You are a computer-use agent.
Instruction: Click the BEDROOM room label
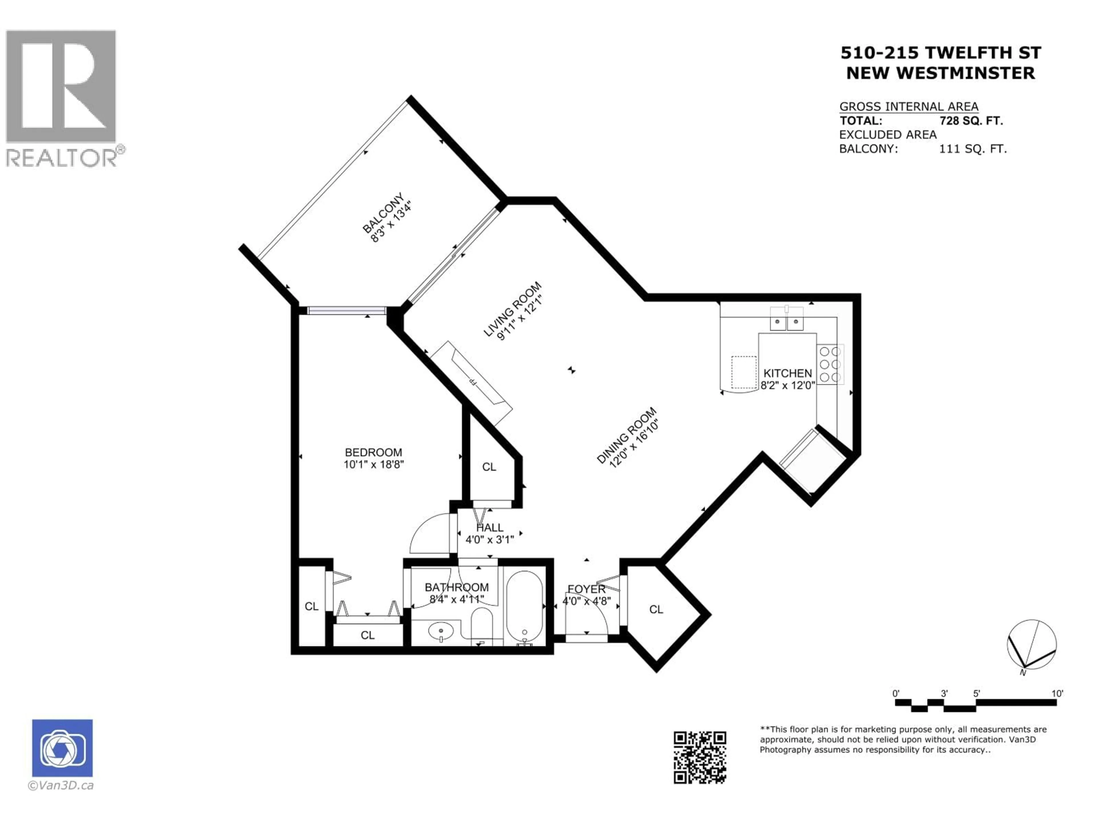[x=373, y=452]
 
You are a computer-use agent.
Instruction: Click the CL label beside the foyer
[x=656, y=609]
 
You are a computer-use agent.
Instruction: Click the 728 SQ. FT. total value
[x=970, y=121]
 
